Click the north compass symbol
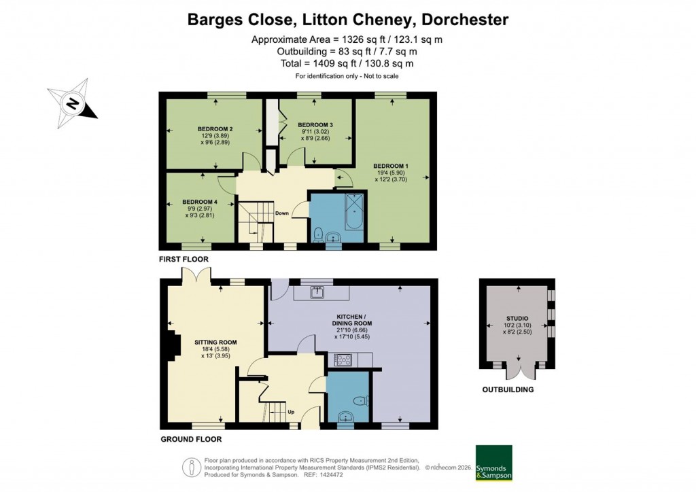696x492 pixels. (72, 104)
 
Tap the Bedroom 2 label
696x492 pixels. (215, 128)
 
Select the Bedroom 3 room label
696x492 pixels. (315, 124)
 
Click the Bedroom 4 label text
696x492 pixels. (201, 202)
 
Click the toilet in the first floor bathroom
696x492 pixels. (317, 234)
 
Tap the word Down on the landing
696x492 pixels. (282, 213)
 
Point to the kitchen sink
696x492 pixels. (317, 293)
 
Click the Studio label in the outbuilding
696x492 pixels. (517, 318)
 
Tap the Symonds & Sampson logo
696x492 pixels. (493, 463)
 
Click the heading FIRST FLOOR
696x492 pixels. (184, 260)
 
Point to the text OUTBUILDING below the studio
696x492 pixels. (508, 390)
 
